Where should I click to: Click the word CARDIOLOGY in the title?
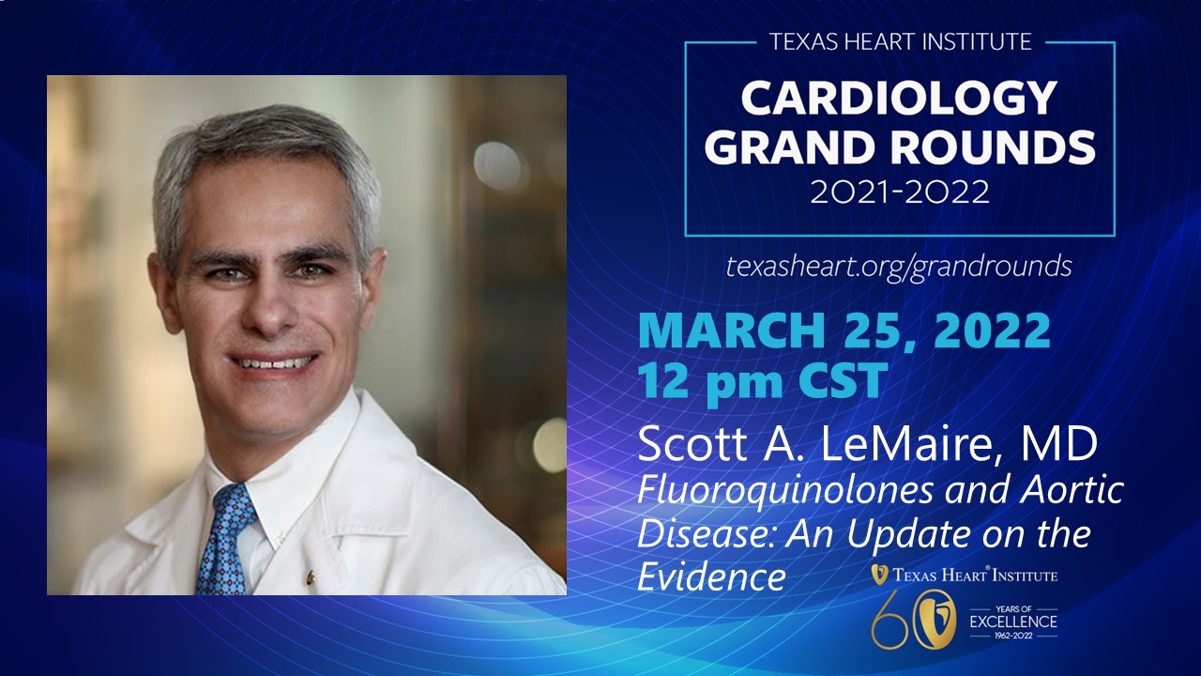[x=899, y=99]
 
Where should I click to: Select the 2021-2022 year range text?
[x=899, y=192]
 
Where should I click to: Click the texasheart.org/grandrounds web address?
[x=899, y=267]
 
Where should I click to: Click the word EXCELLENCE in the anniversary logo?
[x=1013, y=622]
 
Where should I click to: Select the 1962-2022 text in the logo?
[x=1013, y=636]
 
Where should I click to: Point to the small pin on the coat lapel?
[x=310, y=578]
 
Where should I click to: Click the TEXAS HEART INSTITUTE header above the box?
[x=900, y=42]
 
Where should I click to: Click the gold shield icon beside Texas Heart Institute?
[x=879, y=574]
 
